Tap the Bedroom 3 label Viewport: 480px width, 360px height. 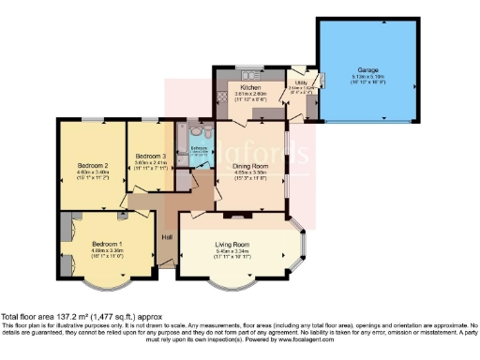(152, 155)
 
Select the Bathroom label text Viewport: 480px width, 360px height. (199, 147)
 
